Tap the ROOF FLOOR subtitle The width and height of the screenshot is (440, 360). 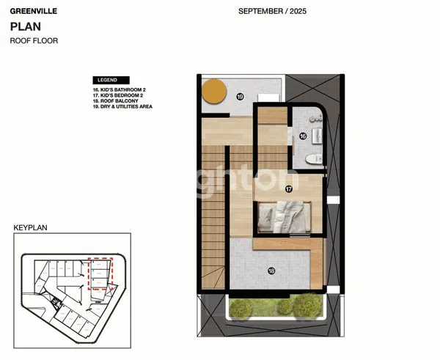33,41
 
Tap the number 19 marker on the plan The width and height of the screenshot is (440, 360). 239,97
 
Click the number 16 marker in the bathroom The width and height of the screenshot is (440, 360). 302,136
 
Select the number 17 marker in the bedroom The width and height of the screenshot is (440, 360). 289,189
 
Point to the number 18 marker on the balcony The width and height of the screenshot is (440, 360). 271,271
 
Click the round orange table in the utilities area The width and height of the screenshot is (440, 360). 215,91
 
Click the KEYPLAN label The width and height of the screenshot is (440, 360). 30,228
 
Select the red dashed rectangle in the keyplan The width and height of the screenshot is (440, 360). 99,274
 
